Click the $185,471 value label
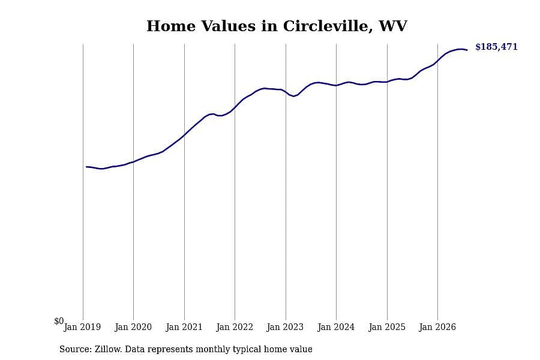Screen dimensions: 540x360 pos(496,47)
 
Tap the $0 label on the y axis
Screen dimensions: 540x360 pos(59,321)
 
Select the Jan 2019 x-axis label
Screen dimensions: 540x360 pos(82,327)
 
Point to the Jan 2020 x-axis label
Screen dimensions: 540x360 pos(133,327)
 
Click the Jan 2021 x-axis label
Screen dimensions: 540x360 pos(184,327)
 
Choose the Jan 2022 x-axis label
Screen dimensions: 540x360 pos(235,327)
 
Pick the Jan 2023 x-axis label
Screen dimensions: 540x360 pos(285,327)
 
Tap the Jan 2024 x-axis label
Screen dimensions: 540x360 pos(336,327)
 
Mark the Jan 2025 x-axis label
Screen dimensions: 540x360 pos(387,327)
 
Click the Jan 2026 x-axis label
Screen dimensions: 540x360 pos(437,327)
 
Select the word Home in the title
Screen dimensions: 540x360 pos(171,26)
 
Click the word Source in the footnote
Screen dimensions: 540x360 pos(76,349)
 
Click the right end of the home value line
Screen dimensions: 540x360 pos(467,50)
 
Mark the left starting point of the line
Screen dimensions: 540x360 pos(86,167)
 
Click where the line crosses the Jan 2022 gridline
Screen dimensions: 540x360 pos(235,107)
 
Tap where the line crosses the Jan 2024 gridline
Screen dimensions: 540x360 pos(337,85)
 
